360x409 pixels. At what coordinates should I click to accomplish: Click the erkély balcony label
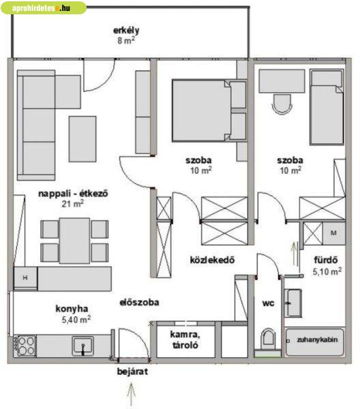126,31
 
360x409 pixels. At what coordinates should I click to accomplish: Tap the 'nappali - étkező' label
73,194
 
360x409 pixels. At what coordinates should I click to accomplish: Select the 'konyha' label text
72,309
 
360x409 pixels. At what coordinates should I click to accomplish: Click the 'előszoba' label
139,302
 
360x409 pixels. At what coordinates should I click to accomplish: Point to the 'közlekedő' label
212,260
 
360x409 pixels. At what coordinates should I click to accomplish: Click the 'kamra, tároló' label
185,339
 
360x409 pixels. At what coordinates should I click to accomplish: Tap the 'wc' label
268,303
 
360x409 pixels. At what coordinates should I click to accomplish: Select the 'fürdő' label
326,260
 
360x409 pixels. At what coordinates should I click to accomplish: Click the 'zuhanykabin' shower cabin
315,342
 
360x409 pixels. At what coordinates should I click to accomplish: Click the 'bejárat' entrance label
132,372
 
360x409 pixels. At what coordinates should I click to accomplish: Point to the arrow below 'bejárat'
131,393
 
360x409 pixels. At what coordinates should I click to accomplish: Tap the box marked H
25,277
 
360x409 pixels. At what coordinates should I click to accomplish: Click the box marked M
333,233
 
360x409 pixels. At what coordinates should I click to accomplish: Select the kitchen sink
83,346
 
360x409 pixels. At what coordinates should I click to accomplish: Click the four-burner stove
25,346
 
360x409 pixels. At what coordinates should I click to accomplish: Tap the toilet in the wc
269,339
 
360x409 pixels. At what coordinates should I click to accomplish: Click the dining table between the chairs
74,241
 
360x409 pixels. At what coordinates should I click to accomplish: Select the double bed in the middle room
202,110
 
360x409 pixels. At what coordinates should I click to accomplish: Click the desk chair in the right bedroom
282,104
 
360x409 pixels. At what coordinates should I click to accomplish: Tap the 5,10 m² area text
327,271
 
